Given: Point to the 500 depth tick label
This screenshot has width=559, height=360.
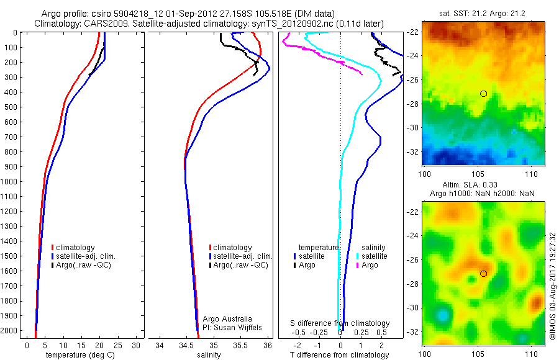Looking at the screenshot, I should click(10, 107).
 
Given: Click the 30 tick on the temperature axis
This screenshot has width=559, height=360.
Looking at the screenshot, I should click(136, 345).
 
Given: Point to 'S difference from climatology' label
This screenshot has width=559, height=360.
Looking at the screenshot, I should click(340, 323).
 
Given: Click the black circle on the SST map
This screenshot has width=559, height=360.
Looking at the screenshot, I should click(483, 94).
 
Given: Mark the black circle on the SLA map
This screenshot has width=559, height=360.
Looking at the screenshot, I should click(483, 274).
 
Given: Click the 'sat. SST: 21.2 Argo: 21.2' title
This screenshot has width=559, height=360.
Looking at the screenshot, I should click(483, 14).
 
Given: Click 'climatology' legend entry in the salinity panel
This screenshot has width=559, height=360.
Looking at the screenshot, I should click(233, 248).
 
